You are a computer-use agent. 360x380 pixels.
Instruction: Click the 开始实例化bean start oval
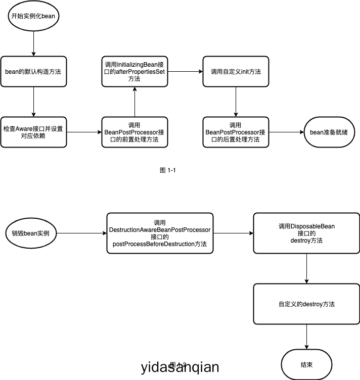(x=33, y=16)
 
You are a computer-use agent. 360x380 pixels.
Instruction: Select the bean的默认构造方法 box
(x=33, y=71)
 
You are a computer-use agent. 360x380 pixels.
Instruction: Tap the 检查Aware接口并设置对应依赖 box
(x=33, y=132)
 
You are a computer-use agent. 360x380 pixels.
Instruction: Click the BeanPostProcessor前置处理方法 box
(x=134, y=132)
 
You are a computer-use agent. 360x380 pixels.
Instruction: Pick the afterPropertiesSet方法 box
(x=134, y=71)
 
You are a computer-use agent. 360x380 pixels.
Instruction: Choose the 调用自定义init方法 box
(x=236, y=71)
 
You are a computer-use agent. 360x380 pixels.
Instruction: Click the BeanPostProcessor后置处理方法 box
(x=236, y=132)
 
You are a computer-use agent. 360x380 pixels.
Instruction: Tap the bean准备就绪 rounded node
(x=329, y=132)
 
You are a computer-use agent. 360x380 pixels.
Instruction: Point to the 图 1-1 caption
(x=167, y=170)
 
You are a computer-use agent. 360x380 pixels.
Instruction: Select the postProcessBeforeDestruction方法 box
(x=160, y=233)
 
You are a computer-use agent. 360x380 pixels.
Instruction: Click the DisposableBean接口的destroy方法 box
(x=306, y=233)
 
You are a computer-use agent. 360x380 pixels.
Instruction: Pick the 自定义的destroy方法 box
(x=306, y=304)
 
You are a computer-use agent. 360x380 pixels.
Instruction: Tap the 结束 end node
(x=306, y=364)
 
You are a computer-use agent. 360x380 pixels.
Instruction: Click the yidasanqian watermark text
(x=181, y=367)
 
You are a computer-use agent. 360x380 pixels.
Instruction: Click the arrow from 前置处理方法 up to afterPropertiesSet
(x=134, y=102)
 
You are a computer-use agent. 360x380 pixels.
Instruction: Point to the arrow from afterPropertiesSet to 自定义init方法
(x=185, y=71)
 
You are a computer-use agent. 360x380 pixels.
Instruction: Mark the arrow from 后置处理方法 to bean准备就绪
(x=286, y=132)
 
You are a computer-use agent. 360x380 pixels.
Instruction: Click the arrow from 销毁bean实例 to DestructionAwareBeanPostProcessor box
(x=81, y=233)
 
